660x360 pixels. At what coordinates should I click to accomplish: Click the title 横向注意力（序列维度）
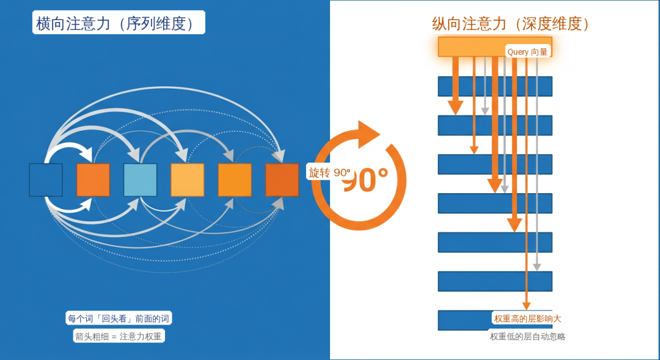[118, 23]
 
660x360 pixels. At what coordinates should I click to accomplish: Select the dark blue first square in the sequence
[46, 180]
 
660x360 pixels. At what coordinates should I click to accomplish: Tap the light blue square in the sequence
[140, 180]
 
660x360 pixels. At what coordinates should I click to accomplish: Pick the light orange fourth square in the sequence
[187, 180]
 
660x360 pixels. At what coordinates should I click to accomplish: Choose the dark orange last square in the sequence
[282, 180]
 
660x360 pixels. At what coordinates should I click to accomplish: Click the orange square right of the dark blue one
[93, 180]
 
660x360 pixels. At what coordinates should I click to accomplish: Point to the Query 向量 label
[527, 52]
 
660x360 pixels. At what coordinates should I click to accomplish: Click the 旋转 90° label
[329, 172]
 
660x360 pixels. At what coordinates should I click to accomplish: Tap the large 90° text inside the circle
[367, 180]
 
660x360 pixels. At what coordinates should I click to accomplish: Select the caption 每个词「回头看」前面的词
[119, 318]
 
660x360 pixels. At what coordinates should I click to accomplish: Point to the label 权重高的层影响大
[527, 318]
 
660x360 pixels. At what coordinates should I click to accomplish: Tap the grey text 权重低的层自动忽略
[527, 336]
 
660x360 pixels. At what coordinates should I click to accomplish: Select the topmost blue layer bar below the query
[495, 86]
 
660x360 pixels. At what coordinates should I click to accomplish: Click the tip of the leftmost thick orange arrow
[455, 111]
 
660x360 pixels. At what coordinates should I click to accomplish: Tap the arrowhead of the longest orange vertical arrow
[526, 306]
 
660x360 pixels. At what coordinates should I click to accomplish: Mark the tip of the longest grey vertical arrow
[537, 267]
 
